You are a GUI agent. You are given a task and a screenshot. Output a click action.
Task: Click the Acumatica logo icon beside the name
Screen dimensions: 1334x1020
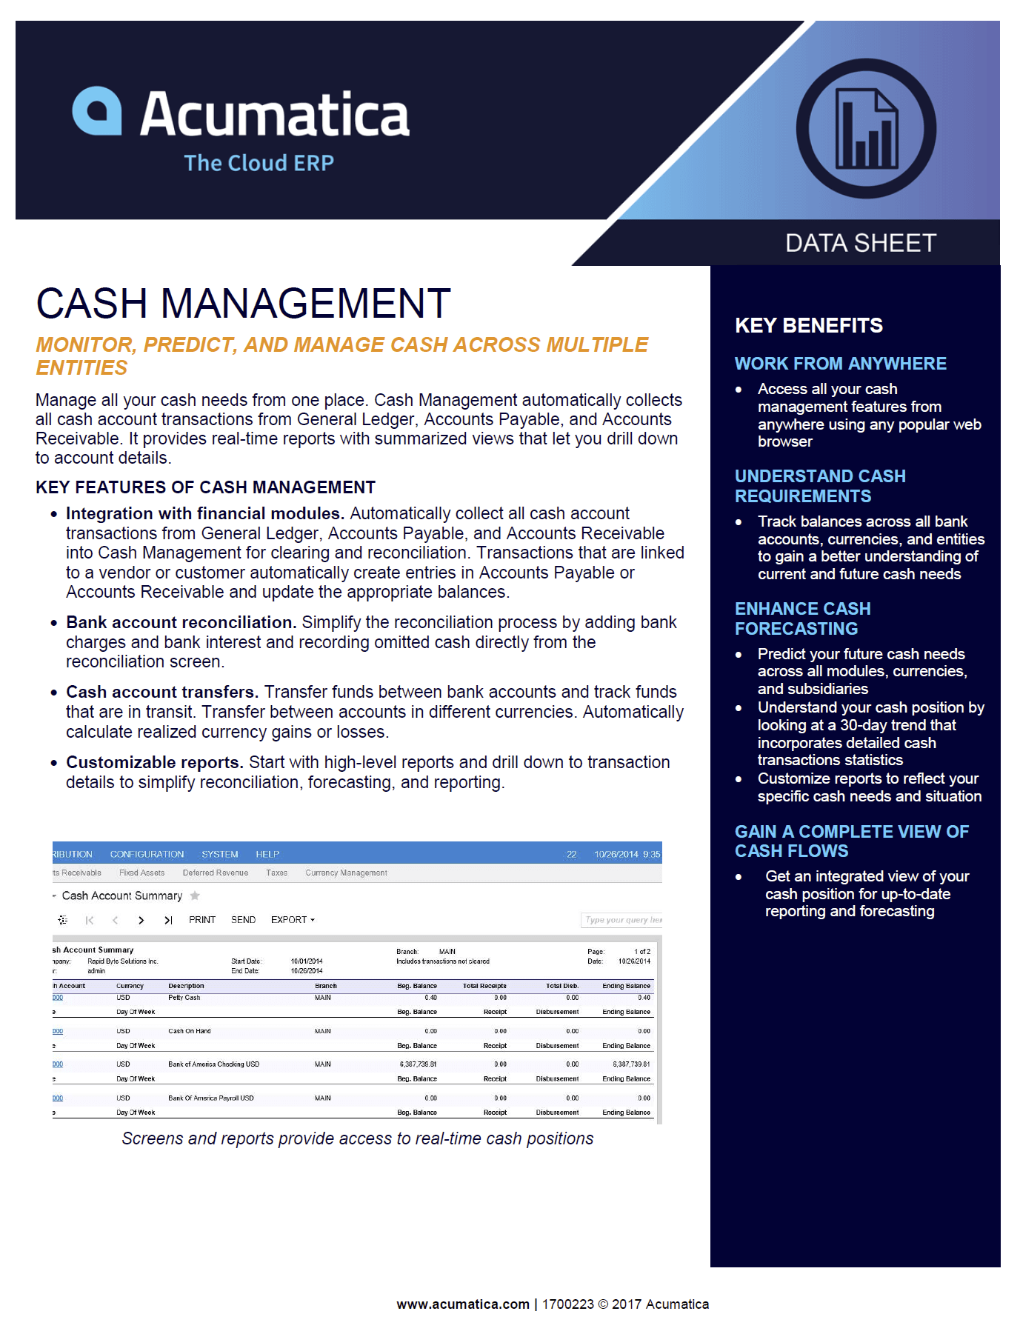[x=97, y=112]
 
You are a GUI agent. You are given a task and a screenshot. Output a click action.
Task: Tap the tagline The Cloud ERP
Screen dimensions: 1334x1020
[x=259, y=163]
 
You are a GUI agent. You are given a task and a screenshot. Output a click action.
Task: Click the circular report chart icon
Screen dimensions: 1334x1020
[x=866, y=129]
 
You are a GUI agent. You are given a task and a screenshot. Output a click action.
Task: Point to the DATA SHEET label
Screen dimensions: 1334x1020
[x=861, y=243]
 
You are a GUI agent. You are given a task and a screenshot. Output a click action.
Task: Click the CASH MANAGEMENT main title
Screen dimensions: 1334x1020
[x=243, y=304]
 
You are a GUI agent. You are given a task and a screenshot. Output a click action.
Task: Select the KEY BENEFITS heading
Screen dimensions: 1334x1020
[x=808, y=325]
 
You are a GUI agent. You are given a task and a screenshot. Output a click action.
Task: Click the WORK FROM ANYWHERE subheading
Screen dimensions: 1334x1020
[x=840, y=364]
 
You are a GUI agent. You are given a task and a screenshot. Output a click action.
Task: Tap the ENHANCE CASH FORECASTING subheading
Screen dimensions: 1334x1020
[x=802, y=618]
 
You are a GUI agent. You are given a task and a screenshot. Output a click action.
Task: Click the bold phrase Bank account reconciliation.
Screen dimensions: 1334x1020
[x=181, y=622]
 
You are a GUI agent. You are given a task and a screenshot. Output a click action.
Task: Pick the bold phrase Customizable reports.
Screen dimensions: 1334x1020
[x=154, y=762]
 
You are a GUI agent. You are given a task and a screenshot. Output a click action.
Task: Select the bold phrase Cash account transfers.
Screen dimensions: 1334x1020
[x=161, y=692]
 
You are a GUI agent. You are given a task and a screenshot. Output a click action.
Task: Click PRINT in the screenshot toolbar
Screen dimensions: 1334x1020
[x=202, y=920]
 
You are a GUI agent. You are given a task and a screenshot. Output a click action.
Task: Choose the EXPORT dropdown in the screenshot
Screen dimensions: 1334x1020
[x=292, y=920]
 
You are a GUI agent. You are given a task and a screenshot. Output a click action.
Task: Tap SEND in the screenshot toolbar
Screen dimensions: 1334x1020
[x=243, y=920]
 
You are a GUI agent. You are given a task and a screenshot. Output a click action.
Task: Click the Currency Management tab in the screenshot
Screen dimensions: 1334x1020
[x=346, y=873]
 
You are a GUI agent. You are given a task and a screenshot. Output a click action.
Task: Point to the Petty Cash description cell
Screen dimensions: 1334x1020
[x=184, y=998]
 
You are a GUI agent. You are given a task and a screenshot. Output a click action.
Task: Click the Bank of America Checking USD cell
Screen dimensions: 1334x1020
[x=213, y=1064]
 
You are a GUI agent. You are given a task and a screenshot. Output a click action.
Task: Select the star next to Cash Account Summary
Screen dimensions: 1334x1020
[x=195, y=896]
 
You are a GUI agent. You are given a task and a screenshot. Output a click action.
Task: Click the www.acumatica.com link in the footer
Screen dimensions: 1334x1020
[x=463, y=1304]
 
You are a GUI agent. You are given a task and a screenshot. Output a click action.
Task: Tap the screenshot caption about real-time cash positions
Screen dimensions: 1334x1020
[x=357, y=1138]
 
